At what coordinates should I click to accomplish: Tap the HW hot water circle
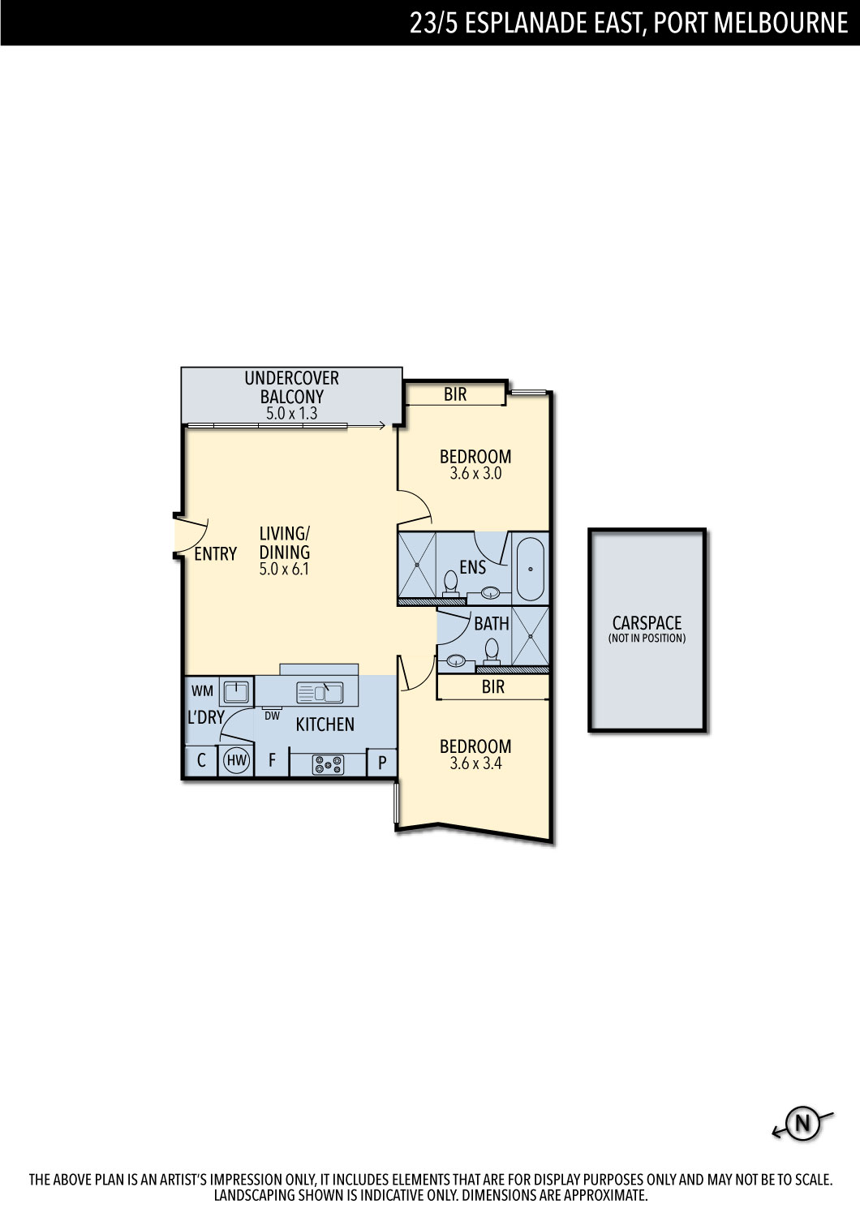coord(236,760)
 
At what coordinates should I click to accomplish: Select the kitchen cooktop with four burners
coord(328,765)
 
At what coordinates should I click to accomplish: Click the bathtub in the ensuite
coord(530,570)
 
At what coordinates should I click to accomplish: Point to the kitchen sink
coord(320,693)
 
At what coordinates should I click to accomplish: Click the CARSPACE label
coord(647,622)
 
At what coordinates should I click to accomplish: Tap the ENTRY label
coord(216,553)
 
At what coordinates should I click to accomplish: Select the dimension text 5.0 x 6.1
coord(284,569)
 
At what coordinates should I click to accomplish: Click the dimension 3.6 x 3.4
coord(475,763)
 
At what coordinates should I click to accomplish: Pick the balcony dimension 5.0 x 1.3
coord(292,414)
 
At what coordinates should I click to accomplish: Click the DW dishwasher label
coord(272,716)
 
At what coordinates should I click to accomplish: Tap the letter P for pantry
coord(382,763)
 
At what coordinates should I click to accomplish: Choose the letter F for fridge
coord(272,759)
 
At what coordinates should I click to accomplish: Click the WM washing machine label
coord(202,691)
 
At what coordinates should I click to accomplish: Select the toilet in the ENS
coord(450,584)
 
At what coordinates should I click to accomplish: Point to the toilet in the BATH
coord(492,652)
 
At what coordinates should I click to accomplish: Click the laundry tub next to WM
coord(236,691)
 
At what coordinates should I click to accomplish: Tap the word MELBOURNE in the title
coord(780,23)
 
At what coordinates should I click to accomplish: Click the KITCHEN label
coord(325,725)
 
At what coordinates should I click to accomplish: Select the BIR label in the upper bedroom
coord(455,393)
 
